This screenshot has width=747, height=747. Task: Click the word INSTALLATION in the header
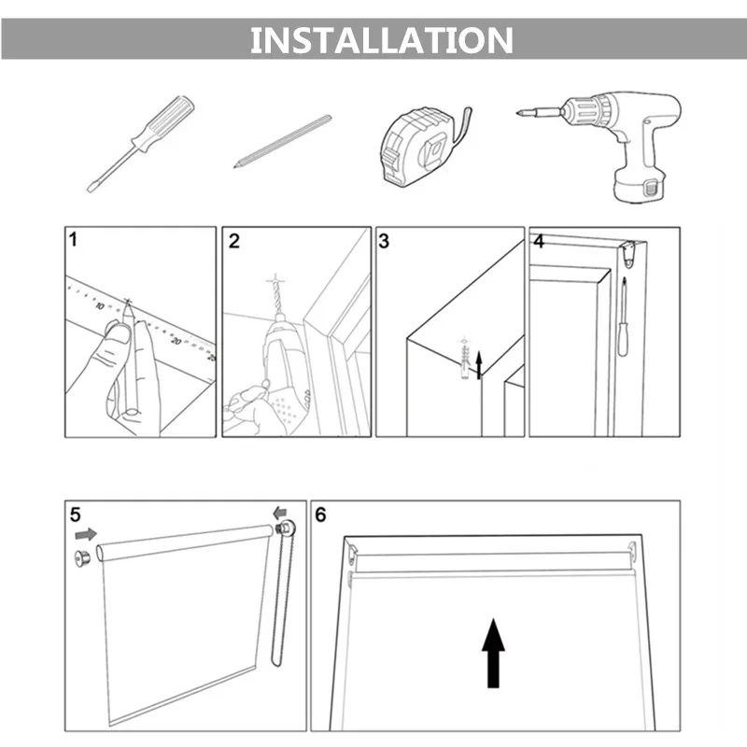tap(382, 40)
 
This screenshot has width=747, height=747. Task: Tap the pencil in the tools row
tap(283, 141)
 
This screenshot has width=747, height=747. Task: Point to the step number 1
tap(73, 239)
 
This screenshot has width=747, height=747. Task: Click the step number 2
tap(234, 241)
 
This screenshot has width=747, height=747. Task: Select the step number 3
tap(384, 241)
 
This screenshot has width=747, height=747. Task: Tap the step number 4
tap(539, 241)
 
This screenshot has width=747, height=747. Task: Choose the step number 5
tap(76, 514)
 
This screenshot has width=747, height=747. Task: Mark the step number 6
tap(320, 514)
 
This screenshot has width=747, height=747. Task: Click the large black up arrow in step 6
tap(494, 653)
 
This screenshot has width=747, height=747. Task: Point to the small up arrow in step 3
tap(479, 365)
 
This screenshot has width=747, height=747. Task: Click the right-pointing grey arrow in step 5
tap(86, 534)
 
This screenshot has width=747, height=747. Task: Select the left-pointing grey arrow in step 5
tap(280, 513)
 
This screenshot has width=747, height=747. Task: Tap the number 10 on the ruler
tap(100, 306)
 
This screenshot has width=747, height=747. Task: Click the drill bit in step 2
tap(275, 296)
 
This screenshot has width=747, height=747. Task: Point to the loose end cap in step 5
tap(82, 558)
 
